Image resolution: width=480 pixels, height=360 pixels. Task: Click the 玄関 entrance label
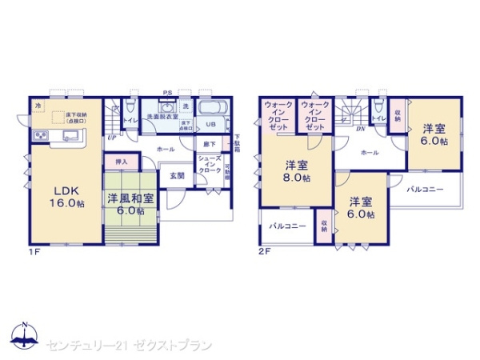pos(177,176)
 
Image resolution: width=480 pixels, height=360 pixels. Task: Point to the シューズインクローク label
pos(210,165)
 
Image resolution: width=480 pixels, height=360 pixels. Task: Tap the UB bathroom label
pos(211,126)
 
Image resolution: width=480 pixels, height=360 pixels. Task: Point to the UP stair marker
pos(111,138)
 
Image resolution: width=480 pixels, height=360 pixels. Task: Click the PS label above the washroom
pos(168,92)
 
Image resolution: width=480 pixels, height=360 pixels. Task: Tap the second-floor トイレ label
pos(378,118)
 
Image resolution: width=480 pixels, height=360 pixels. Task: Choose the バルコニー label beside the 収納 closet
pos(287,227)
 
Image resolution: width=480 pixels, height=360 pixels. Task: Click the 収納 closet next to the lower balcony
pos(325,225)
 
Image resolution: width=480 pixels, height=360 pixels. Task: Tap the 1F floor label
pos(33,252)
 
